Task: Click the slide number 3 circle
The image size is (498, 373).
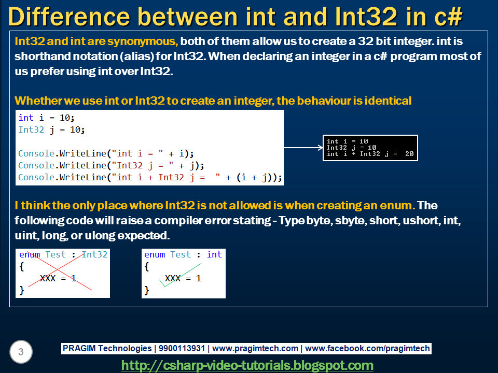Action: pyautogui.click(x=21, y=352)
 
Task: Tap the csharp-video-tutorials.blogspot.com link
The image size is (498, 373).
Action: pyautogui.click(x=247, y=365)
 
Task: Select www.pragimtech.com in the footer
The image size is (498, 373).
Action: pyautogui.click(x=255, y=349)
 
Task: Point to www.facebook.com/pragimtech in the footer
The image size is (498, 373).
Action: pyautogui.click(x=368, y=349)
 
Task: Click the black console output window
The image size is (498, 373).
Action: pyautogui.click(x=370, y=148)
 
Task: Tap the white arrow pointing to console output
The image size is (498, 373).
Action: pyautogui.click(x=303, y=148)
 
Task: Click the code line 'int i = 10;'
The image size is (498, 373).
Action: pyautogui.click(x=47, y=118)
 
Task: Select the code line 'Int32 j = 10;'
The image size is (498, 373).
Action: pyautogui.click(x=51, y=130)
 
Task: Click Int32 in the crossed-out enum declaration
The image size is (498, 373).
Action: pyautogui.click(x=94, y=254)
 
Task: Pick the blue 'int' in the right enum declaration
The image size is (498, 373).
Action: pyautogui.click(x=214, y=254)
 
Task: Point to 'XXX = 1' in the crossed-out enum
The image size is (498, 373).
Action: pyautogui.click(x=58, y=279)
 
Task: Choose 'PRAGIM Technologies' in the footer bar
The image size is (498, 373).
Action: pyautogui.click(x=107, y=349)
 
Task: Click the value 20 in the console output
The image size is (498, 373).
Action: pyautogui.click(x=409, y=154)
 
